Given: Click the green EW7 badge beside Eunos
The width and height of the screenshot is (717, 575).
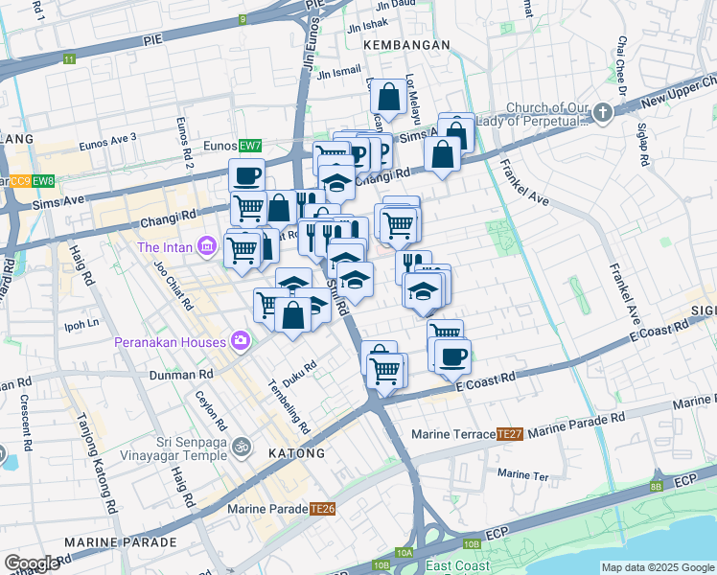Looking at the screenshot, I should (x=250, y=146).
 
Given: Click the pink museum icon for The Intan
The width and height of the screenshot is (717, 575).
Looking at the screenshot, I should (x=205, y=247).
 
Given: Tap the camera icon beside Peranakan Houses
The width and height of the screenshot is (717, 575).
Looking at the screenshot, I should (x=240, y=340).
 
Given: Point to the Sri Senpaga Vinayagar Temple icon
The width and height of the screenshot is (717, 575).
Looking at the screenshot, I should (x=242, y=446).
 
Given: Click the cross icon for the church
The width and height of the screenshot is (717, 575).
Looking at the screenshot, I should (x=602, y=114).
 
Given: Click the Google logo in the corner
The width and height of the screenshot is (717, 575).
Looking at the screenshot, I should (x=32, y=563).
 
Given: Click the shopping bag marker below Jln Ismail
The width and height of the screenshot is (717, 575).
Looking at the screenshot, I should (x=388, y=97).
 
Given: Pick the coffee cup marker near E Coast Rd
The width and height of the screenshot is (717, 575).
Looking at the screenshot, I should (x=452, y=356).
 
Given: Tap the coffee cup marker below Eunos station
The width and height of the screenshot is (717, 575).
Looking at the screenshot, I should (x=246, y=176).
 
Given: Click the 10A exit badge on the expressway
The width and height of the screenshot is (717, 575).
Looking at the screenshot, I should (x=405, y=553).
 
